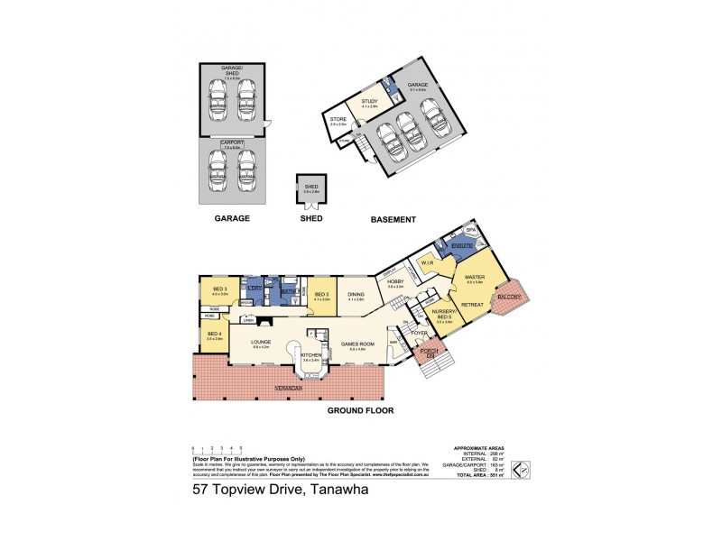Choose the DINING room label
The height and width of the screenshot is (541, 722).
[356, 294]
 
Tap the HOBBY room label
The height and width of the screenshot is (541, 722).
[394, 282]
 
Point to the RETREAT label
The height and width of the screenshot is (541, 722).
[472, 307]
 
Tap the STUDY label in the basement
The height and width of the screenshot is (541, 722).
[368, 103]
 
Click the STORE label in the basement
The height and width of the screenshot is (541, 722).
[338, 118]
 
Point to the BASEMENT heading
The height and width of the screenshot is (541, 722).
[393, 218]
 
